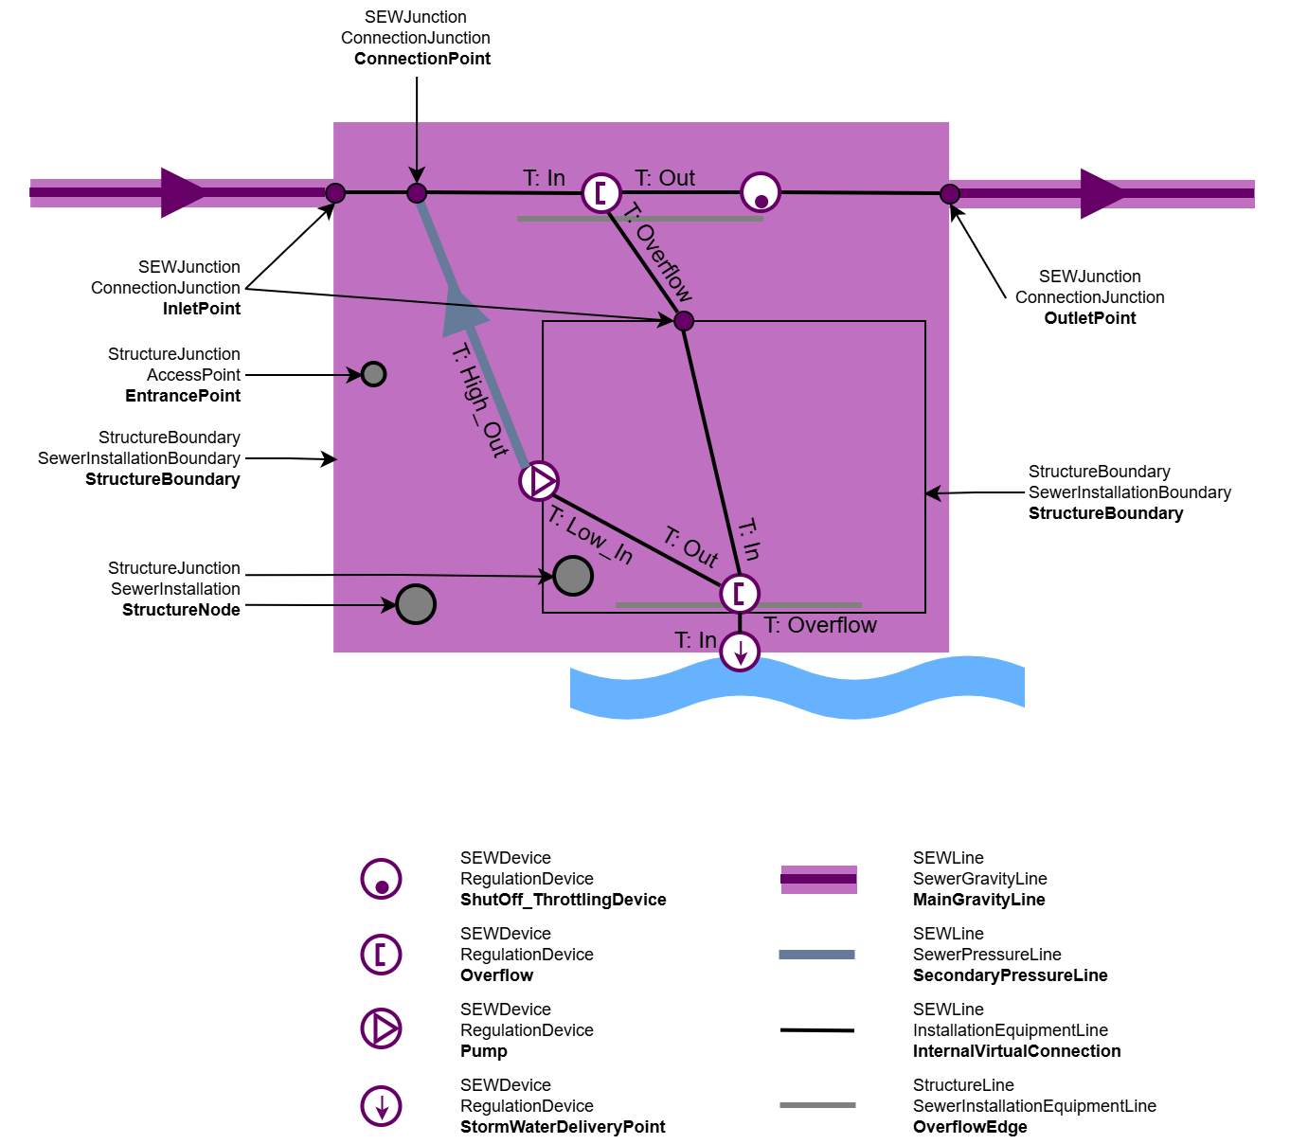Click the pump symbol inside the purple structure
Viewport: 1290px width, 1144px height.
tap(539, 481)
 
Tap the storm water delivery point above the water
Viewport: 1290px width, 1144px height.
tap(740, 652)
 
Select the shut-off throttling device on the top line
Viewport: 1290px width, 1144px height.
tap(761, 192)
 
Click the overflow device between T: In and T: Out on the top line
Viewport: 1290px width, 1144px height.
tap(601, 192)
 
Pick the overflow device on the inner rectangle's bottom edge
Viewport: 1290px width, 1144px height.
tap(740, 594)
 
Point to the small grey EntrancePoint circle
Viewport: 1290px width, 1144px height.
tap(374, 374)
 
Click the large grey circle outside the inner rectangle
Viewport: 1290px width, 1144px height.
tap(416, 604)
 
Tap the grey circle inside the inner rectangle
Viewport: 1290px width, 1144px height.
tap(573, 576)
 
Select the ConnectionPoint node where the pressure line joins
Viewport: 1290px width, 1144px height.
tap(417, 193)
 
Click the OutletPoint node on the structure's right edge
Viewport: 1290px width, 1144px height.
tap(950, 193)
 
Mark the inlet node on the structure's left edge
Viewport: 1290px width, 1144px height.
tap(335, 193)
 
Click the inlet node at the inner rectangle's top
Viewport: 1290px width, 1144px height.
tap(684, 321)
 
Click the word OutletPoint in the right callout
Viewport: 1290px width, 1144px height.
tap(1089, 318)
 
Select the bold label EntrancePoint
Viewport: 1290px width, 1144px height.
tap(183, 396)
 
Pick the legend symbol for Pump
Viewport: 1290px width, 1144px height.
tap(381, 1028)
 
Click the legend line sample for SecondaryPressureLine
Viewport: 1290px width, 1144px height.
tap(817, 955)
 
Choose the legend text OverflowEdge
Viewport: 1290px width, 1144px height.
tap(970, 1127)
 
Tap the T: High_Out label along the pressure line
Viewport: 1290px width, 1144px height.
tap(480, 401)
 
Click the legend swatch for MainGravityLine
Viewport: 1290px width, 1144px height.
tap(819, 879)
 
